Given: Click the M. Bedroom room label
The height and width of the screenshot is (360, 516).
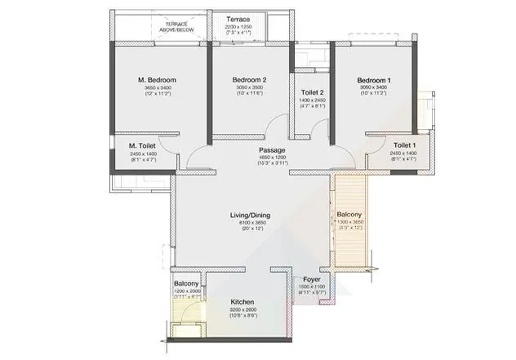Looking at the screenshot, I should coord(158,79).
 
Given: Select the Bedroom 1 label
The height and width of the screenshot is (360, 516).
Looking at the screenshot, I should coord(375,79).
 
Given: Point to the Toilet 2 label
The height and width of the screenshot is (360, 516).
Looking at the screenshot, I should coord(312,92).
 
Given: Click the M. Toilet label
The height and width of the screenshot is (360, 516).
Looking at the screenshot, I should coord(142,146).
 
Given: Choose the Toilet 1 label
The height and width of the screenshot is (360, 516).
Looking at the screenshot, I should coord(389,146).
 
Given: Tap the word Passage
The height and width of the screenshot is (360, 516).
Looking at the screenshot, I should coord(272,150).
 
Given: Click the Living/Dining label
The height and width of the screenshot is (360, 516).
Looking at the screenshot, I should coord(250,216).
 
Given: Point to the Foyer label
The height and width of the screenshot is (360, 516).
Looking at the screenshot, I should coord(312,279).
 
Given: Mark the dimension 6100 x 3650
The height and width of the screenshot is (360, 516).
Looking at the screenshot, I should coord(250,223).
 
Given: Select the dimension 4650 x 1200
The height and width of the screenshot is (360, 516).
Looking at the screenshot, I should coord(272,158).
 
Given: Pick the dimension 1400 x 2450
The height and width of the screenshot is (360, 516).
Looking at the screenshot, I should coord(312,100).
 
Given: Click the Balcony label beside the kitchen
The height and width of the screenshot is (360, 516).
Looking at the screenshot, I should coord(186,283).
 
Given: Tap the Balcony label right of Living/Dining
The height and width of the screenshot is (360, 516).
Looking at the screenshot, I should coord(352,215).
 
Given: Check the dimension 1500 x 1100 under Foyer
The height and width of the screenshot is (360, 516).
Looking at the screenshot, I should coord(312,287).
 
